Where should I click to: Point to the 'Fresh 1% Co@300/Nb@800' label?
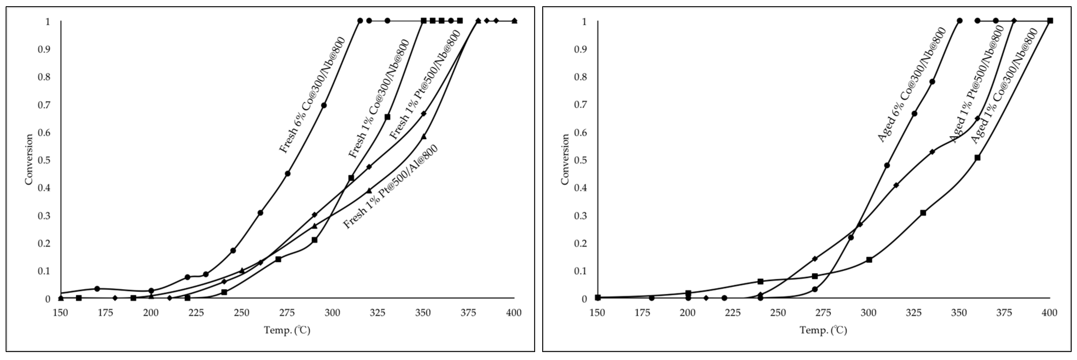(379, 99)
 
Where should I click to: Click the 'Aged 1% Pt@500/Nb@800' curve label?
(977, 84)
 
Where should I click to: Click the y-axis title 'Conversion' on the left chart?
(28, 159)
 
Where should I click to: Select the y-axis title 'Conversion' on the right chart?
(565, 159)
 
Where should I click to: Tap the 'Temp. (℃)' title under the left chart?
(287, 330)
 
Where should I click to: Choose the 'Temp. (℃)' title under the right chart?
(823, 330)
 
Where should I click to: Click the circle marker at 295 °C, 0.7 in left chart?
(324, 105)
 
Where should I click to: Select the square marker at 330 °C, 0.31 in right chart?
(923, 213)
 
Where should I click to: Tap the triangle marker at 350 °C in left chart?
(423, 137)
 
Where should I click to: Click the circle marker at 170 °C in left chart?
(97, 289)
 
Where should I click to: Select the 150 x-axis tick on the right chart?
(597, 313)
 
